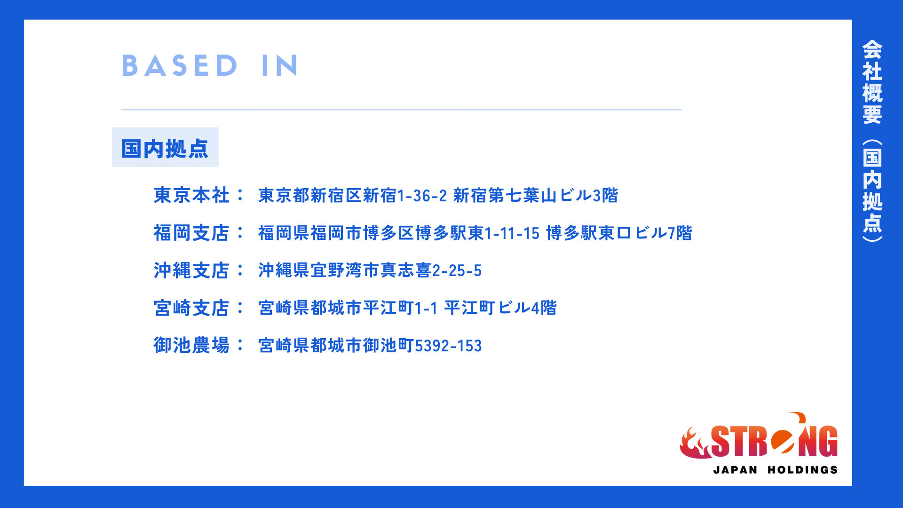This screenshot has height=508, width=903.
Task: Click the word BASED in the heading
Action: pos(180,65)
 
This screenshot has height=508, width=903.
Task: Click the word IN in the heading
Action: pos(280,65)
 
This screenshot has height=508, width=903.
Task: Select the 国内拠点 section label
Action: pos(165,149)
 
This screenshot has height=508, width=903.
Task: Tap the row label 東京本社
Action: pos(191,195)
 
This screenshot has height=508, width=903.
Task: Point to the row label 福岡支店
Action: pos(191,233)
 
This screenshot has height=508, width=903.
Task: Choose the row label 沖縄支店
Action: pos(191,270)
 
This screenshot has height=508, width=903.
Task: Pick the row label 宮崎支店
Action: pos(191,308)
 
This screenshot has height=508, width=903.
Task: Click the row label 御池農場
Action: pos(191,345)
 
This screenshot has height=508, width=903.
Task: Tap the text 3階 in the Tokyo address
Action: pos(605,195)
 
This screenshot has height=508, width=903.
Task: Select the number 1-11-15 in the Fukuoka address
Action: pos(512,233)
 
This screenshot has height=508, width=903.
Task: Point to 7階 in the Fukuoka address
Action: pos(680,233)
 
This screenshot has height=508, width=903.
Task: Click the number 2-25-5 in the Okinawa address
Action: pos(457,271)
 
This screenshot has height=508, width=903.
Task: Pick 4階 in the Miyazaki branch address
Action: pos(544,308)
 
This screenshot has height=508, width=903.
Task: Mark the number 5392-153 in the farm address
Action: pos(448,346)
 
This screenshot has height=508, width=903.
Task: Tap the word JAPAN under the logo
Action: pos(736,470)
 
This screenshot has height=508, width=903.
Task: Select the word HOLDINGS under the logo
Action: pos(803,470)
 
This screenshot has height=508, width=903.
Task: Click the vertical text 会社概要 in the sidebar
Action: pos(872,82)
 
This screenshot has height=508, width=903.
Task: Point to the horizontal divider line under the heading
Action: pos(401,110)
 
